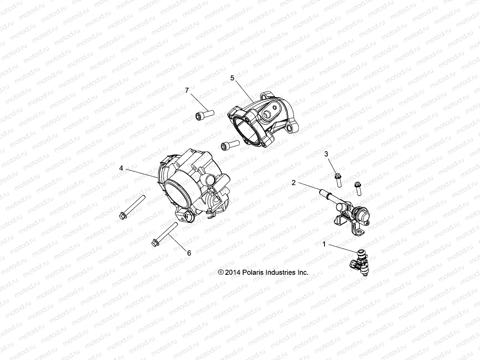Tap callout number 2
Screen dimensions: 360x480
[x=294, y=182]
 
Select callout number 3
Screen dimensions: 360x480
[x=326, y=154]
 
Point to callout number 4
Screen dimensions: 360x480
[x=121, y=168]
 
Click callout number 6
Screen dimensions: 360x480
[x=189, y=253]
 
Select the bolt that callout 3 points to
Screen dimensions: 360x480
[x=338, y=180]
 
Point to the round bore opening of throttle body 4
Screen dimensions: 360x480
[x=177, y=197]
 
